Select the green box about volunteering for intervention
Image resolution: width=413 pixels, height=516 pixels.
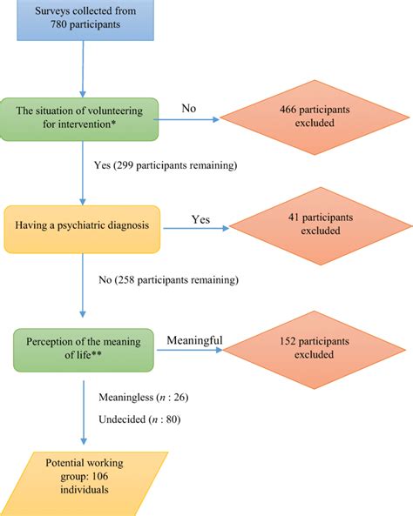(x=84, y=118)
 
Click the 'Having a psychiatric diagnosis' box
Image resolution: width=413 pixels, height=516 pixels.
(x=82, y=228)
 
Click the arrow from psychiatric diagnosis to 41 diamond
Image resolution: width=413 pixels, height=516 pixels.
(x=195, y=229)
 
